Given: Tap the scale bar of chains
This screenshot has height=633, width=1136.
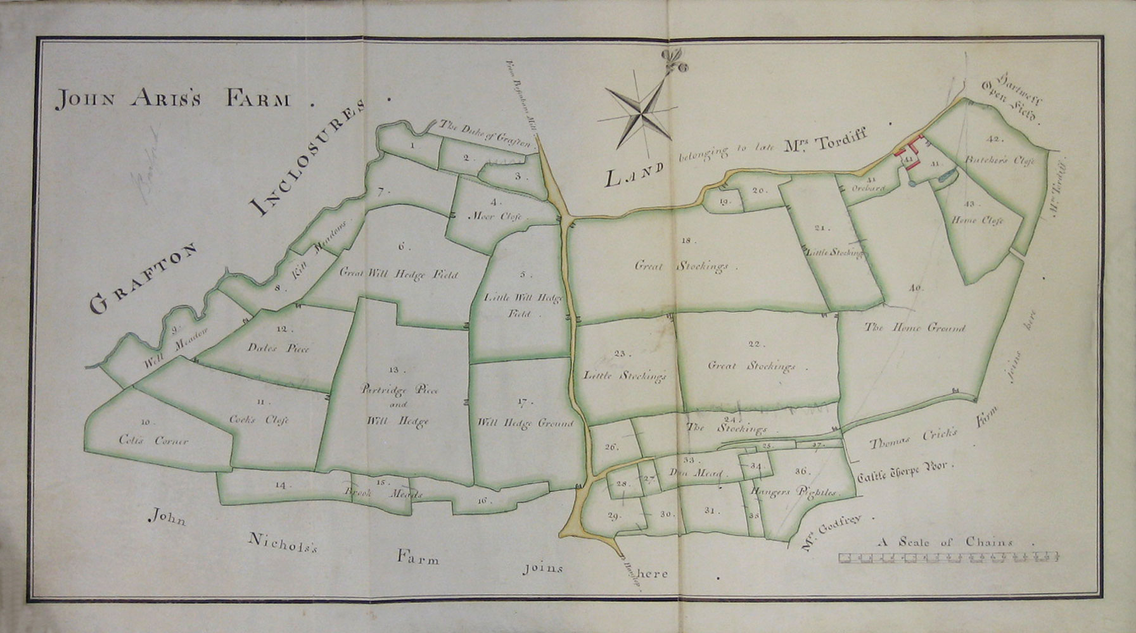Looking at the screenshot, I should point(948,558).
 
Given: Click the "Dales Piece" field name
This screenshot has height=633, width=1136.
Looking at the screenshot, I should point(279,349).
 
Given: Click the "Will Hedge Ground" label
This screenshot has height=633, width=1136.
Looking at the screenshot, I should point(525,423).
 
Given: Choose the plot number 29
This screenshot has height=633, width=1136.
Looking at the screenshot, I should point(613,516).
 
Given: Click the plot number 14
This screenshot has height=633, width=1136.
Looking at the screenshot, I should point(281,486).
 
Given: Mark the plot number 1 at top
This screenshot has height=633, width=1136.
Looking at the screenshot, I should point(412,146).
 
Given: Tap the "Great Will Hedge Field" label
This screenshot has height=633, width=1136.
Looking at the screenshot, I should point(399,275).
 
